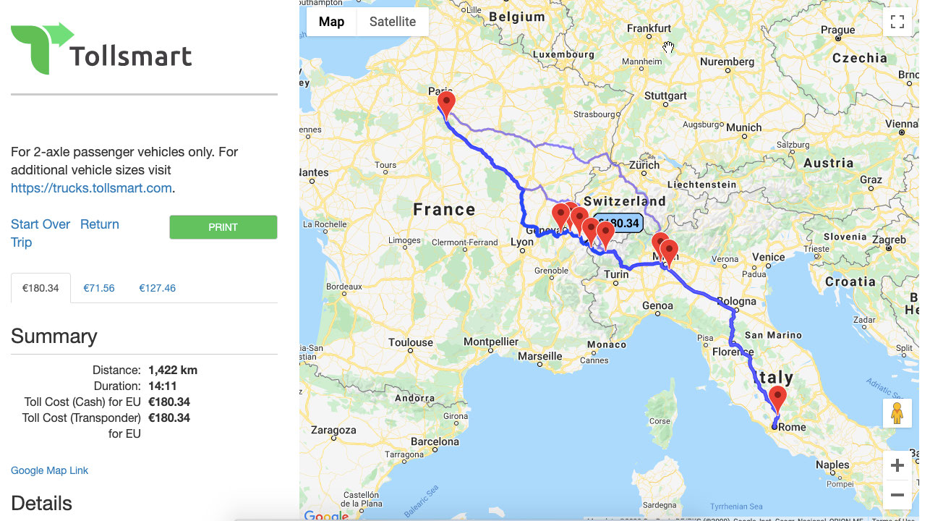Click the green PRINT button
click(223, 227)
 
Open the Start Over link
click(40, 224)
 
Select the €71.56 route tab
click(99, 288)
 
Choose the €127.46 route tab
click(157, 288)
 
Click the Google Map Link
click(49, 470)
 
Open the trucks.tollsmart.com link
click(91, 188)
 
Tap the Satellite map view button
click(392, 22)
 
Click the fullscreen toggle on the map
click(897, 22)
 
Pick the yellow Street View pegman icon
click(897, 413)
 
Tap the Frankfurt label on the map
click(649, 28)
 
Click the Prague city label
click(838, 30)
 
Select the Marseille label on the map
click(540, 356)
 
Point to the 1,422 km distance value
click(173, 370)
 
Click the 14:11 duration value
click(162, 386)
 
